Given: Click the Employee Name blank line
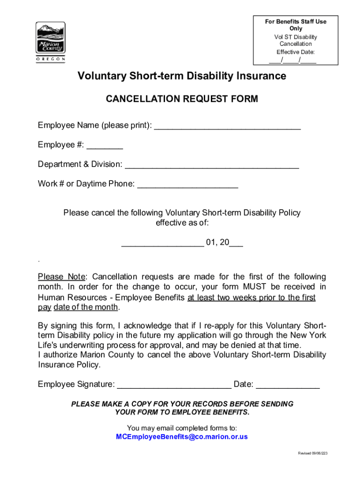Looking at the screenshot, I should click(x=227, y=126).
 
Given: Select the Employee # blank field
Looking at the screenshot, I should click(x=105, y=146).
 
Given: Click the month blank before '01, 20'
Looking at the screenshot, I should click(x=162, y=243).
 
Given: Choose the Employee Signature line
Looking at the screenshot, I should click(x=173, y=385).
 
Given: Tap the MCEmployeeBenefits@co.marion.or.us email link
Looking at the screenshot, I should click(x=181, y=437).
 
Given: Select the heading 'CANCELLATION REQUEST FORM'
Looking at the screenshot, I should click(x=182, y=99).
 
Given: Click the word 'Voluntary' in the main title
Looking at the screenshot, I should click(x=101, y=76).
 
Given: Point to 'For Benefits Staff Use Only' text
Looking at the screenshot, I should click(x=295, y=25).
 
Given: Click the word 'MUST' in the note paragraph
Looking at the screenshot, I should click(x=255, y=287).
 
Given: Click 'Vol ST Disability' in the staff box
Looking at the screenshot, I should click(x=295, y=37).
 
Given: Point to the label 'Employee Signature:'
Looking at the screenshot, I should click(x=76, y=385).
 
